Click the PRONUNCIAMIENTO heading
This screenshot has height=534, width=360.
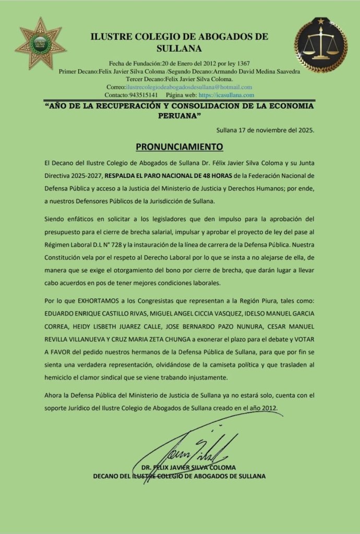click(179, 145)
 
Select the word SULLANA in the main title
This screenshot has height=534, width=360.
click(179, 48)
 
